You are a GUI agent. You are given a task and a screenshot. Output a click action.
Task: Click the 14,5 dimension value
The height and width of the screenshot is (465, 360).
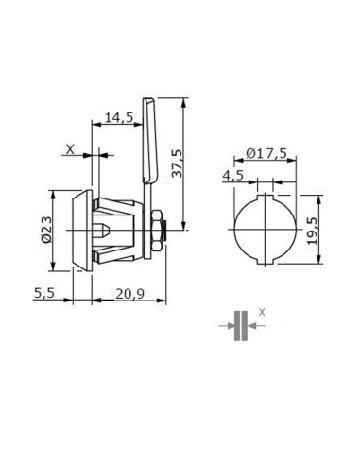point(119,117)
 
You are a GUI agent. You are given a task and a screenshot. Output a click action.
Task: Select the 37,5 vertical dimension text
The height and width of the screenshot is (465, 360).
point(178,164)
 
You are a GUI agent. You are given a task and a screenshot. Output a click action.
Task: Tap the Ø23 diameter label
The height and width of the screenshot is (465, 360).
point(46,230)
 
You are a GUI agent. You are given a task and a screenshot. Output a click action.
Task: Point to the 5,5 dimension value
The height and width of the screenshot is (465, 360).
point(44,293)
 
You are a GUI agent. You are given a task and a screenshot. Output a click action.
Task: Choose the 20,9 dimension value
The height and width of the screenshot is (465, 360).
point(129,294)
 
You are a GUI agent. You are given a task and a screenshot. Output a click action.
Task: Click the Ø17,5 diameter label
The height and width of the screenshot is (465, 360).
point(266,153)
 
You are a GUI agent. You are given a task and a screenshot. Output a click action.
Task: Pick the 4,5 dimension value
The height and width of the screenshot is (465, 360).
point(233,175)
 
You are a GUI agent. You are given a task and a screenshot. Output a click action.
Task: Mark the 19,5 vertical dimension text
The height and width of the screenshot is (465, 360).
point(313,231)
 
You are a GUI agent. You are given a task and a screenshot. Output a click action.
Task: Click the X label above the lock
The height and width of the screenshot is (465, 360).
point(70,149)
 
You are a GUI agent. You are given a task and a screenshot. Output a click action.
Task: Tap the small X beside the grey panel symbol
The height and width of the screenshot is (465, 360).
point(262,313)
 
